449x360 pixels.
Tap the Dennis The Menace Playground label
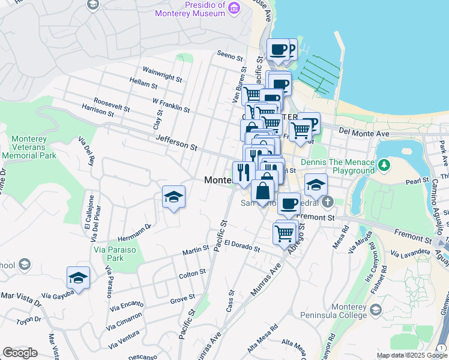point(337,166)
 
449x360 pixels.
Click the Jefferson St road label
point(176,142)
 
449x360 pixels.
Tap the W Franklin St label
point(171,105)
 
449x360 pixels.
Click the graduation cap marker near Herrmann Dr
point(173,197)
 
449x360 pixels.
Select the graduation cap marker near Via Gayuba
point(78,277)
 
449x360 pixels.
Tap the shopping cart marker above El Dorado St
point(285,232)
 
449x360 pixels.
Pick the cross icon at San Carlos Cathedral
point(327,200)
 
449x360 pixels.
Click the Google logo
point(20,353)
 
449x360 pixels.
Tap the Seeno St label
point(230,58)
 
